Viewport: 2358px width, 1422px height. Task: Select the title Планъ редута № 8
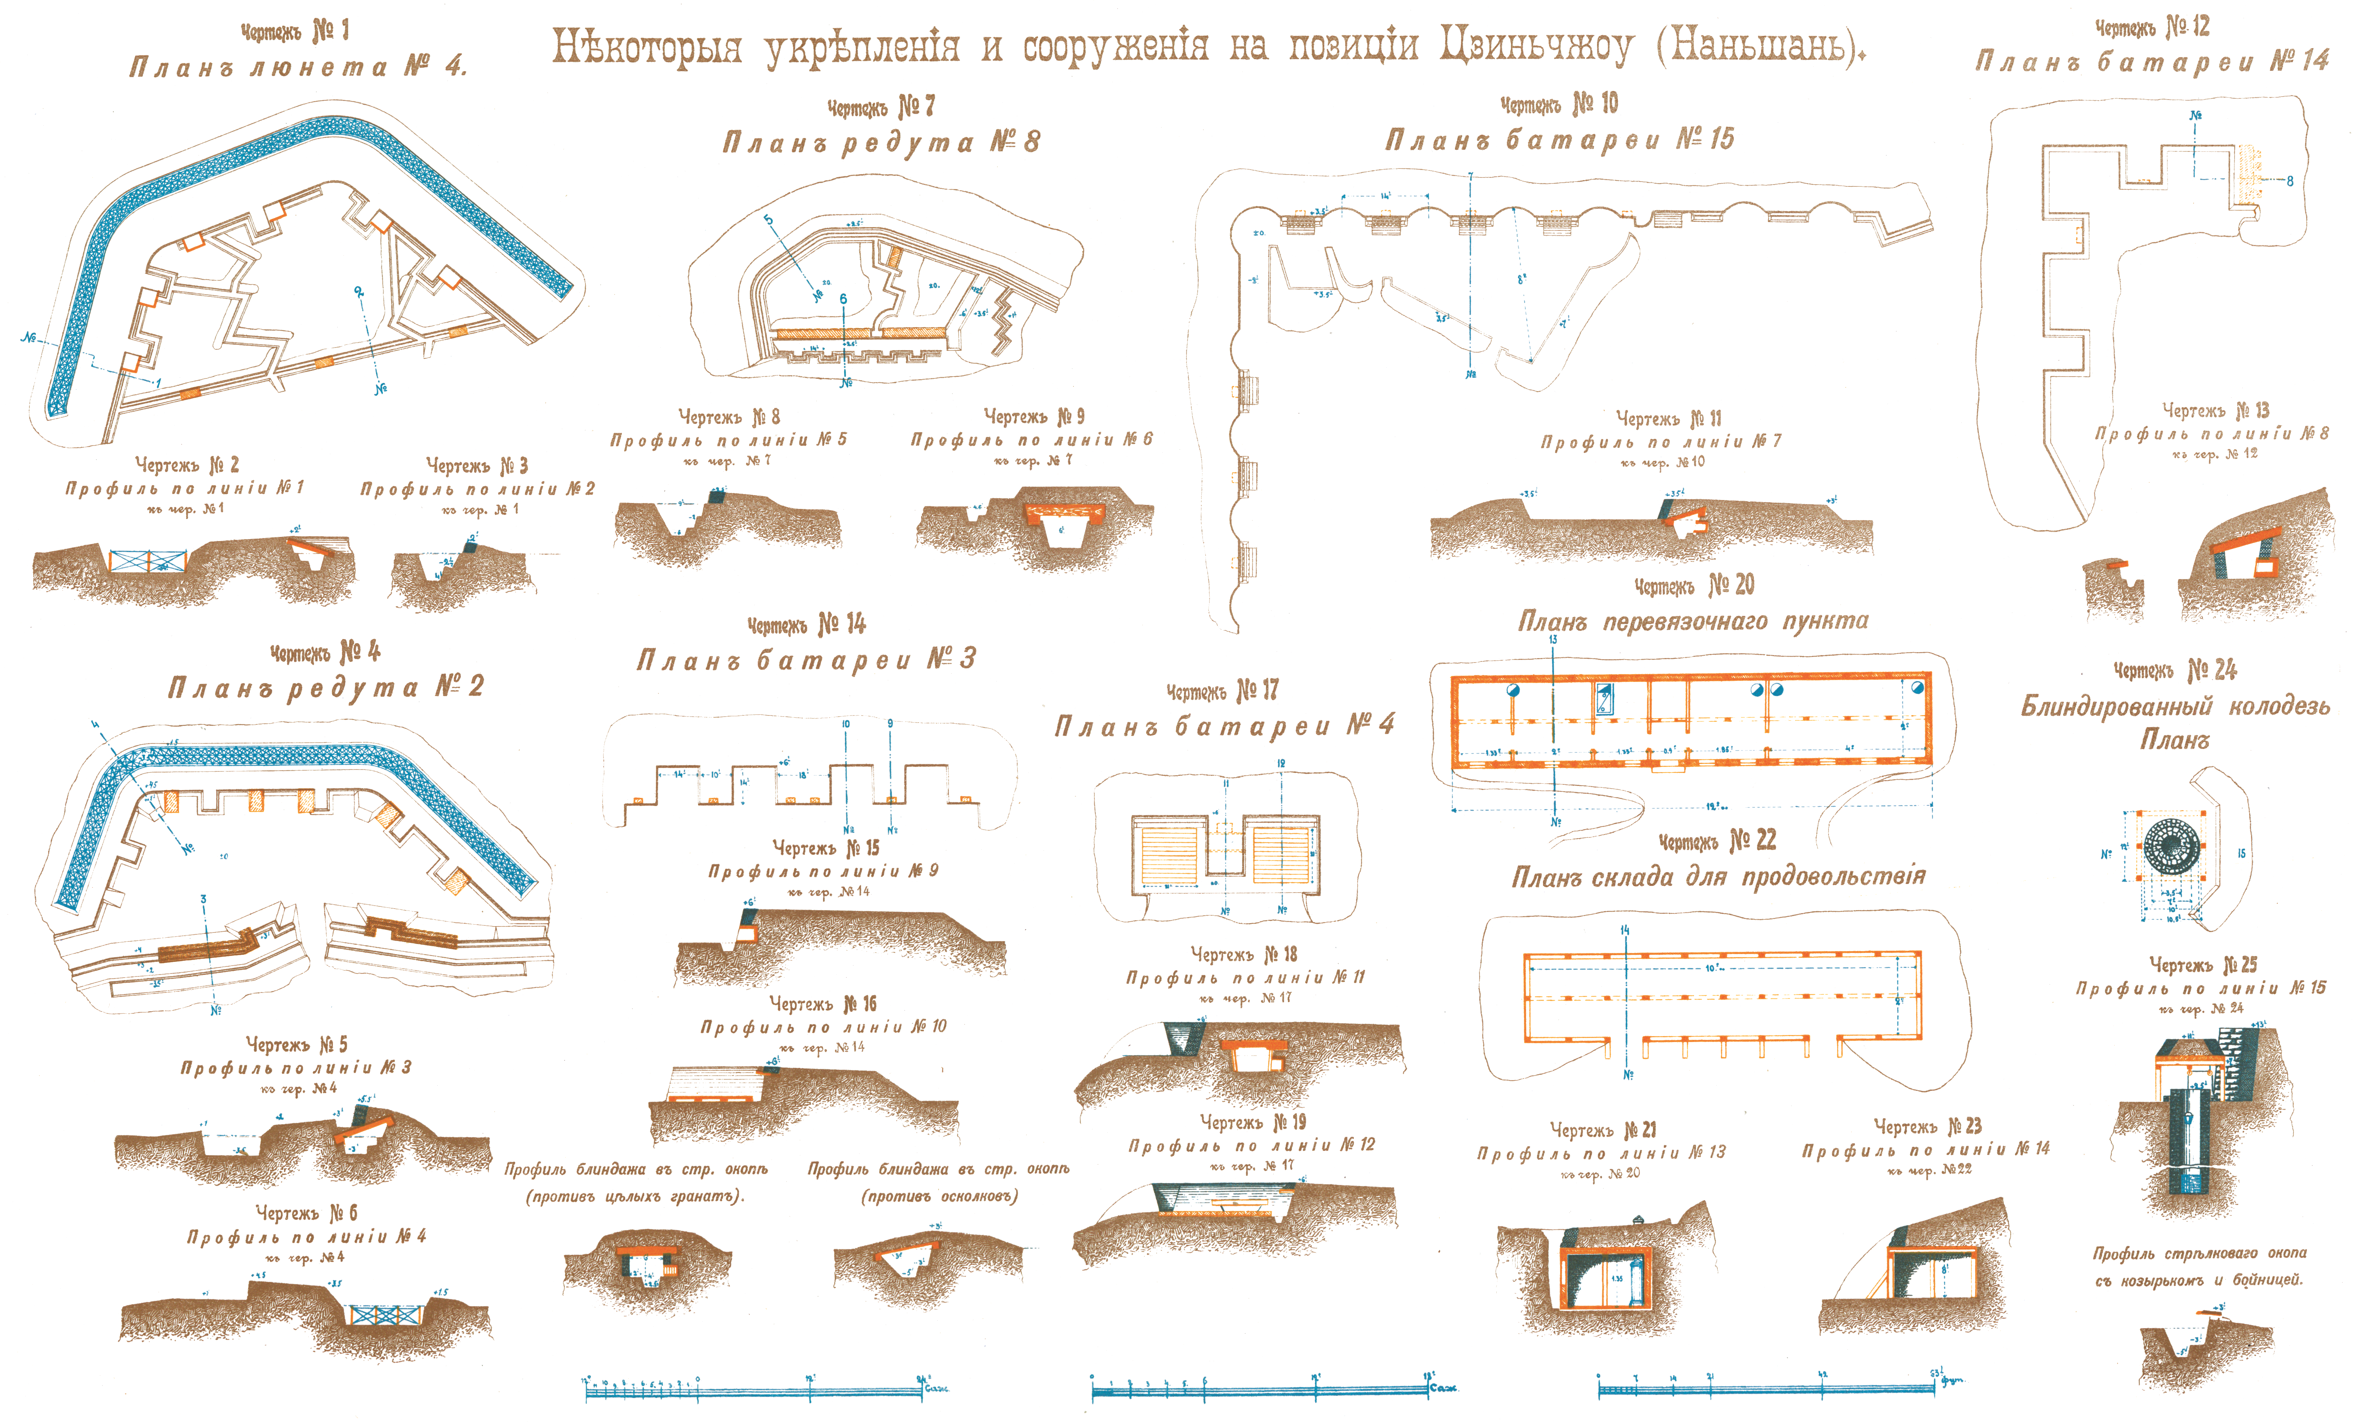[x=880, y=142]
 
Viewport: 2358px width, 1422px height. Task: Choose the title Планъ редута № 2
[x=326, y=687]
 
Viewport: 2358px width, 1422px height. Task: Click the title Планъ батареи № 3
[x=806, y=659]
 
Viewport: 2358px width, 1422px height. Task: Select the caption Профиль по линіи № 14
[x=1925, y=1148]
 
